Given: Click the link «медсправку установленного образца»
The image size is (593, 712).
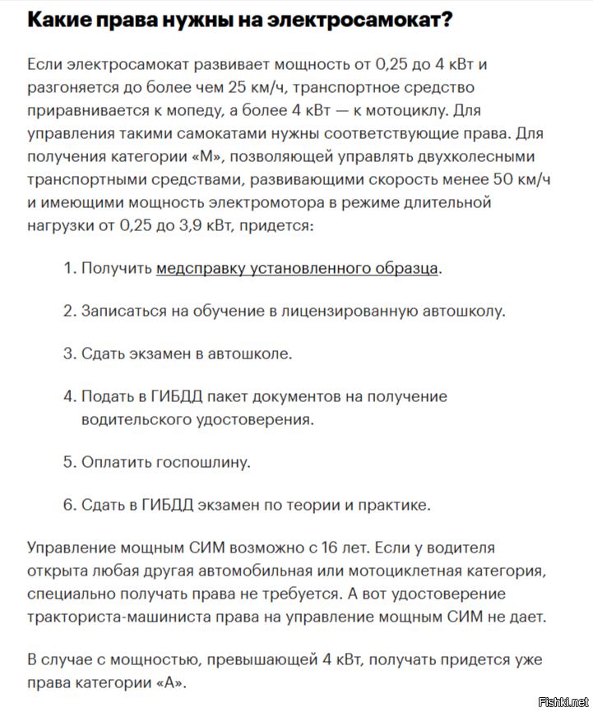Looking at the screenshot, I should coord(297,268).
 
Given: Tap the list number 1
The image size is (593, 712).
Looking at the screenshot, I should coord(67,268).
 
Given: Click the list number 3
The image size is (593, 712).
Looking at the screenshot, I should coord(68,354).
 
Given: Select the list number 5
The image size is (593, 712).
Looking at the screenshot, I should coord(68,461).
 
